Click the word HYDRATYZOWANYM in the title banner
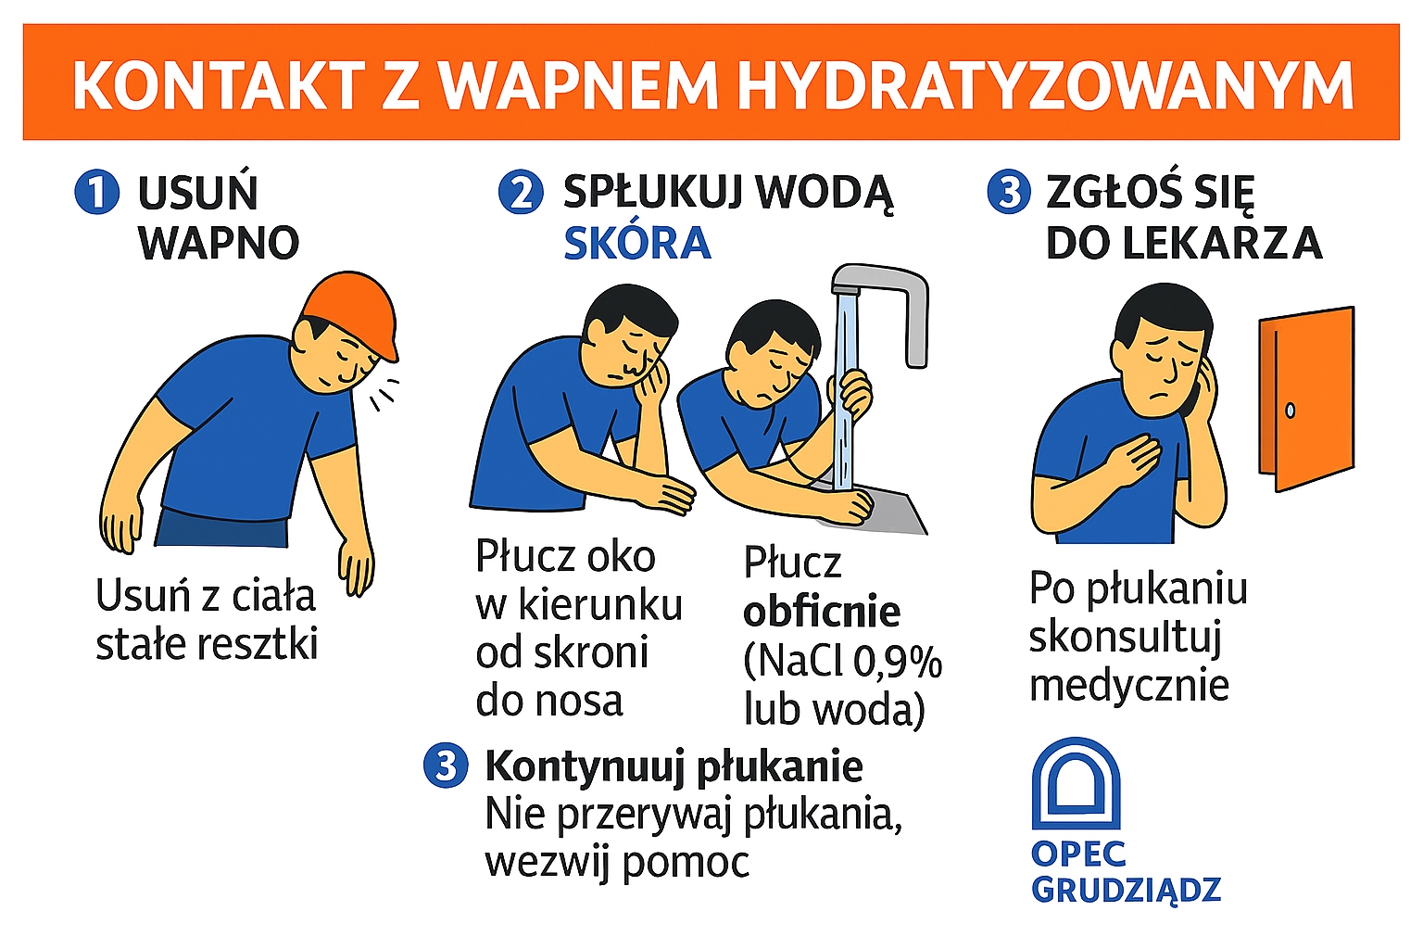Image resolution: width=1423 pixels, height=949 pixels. coord(1046,85)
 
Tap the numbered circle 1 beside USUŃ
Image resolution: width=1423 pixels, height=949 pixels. coord(97,193)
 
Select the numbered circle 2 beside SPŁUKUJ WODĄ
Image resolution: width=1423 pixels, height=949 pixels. coord(521,193)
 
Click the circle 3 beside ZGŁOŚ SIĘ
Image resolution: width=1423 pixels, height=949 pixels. coord(1009,193)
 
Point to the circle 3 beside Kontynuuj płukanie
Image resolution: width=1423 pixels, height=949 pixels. coord(446,766)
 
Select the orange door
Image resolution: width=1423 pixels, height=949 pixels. coord(1306,398)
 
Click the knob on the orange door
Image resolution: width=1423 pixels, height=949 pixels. coord(1290,411)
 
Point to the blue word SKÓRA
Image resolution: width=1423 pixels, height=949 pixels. coord(637,243)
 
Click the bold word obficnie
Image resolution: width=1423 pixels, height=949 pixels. coord(822,612)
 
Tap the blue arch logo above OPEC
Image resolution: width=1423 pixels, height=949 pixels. coord(1077,784)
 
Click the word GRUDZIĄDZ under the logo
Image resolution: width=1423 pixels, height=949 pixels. coord(1127,890)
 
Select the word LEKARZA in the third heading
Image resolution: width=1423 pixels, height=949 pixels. coord(1223,243)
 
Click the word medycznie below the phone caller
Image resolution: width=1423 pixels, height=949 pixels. coord(1129,687)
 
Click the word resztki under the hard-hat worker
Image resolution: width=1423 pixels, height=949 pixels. coord(258,644)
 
